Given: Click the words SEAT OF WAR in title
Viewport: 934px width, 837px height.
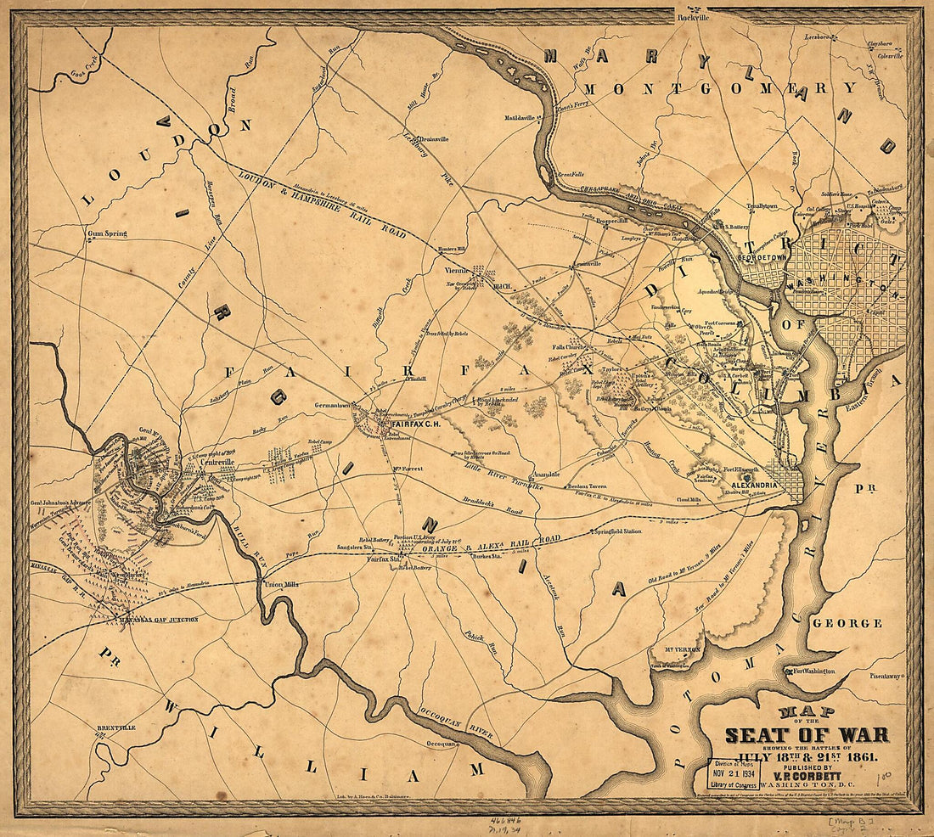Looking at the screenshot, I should point(806,735).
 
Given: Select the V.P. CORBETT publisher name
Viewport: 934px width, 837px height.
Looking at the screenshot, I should point(806,773).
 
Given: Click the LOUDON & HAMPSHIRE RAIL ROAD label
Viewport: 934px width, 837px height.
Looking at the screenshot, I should point(323,204).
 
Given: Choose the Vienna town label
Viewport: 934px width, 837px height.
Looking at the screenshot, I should point(457,270).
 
